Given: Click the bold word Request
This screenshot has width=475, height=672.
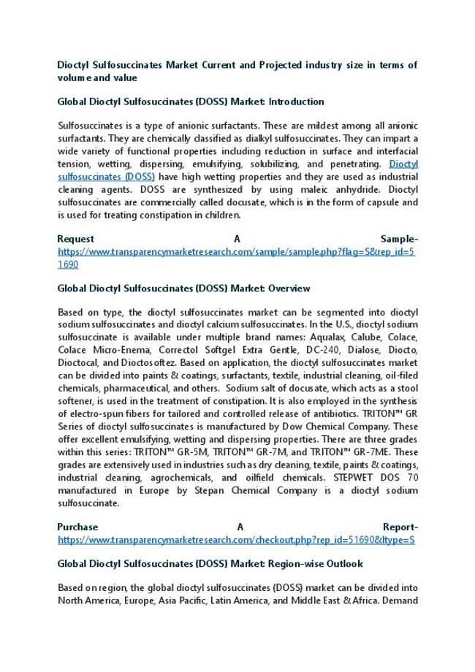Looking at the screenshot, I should (75, 239).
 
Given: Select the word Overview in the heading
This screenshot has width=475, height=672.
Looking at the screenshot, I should (288, 289).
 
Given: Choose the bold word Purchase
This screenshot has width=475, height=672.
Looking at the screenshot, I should (77, 527).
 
